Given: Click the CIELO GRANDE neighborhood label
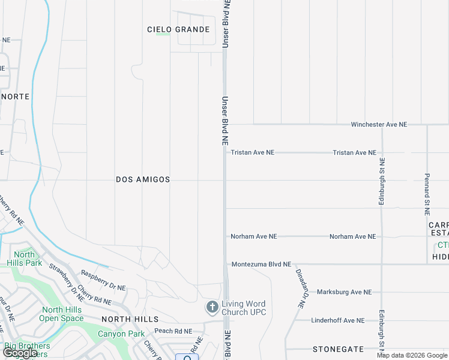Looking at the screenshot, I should [179, 29].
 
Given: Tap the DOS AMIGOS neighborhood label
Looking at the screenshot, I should [143, 179].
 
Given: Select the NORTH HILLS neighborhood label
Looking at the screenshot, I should [130, 319].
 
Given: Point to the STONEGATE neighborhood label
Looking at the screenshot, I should [339, 349].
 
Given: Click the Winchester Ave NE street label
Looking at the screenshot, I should [379, 124].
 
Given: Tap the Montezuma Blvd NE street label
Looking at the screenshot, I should [261, 264].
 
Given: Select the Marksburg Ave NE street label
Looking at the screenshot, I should [344, 292].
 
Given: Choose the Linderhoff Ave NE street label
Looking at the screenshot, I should [337, 320].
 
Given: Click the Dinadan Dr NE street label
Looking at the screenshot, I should [299, 288].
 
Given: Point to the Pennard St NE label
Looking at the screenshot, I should [427, 187].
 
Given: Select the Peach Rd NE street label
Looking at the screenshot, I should [173, 331].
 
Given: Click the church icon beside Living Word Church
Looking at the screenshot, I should [211, 308].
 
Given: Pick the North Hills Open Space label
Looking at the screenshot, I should [62, 314].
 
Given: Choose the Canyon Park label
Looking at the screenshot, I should [121, 334].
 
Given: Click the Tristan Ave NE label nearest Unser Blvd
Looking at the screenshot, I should [252, 152].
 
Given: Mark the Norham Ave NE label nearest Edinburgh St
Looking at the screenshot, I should [352, 236].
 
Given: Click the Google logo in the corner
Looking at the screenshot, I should [20, 353].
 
